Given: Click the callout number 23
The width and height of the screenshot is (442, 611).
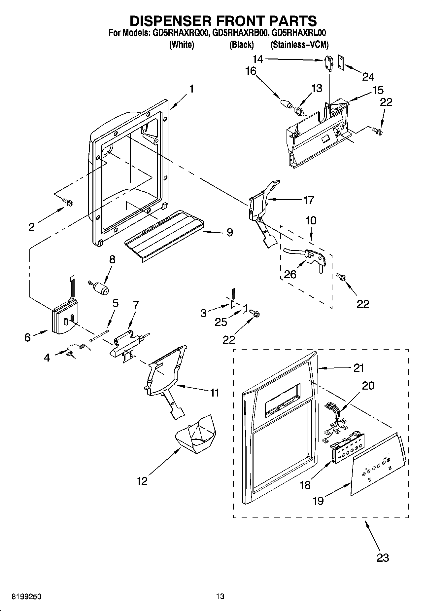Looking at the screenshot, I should tap(383, 558).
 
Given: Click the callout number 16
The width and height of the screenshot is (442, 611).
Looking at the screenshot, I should tap(251, 71).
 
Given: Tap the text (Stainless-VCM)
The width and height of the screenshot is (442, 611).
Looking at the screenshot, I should tap(299, 45).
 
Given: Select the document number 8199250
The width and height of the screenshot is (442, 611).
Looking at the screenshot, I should tap(26, 596).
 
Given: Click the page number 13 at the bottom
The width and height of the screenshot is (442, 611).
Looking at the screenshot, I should tap(220, 596).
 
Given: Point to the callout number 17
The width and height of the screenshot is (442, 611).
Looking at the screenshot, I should tap(308, 200).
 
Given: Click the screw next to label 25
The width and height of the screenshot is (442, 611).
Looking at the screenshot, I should tap(255, 312).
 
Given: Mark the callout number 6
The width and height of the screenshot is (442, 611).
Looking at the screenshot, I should tap(27, 337).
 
